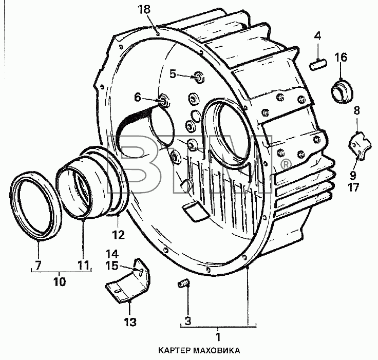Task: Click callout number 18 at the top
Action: click(x=144, y=10)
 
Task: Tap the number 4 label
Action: click(x=318, y=36)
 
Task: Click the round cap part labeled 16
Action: click(x=342, y=91)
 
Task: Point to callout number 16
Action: click(x=341, y=58)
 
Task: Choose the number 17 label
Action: click(x=353, y=187)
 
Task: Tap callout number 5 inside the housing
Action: click(x=173, y=74)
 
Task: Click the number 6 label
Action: click(x=138, y=98)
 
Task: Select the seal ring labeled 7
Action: click(x=35, y=206)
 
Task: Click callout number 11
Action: click(x=83, y=265)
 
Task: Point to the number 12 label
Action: click(x=119, y=235)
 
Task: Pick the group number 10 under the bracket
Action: click(x=60, y=281)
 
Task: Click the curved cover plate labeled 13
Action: click(x=128, y=280)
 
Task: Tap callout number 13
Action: click(x=130, y=322)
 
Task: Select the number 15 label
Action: click(x=112, y=266)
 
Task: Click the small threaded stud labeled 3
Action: click(x=184, y=283)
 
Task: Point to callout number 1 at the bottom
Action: click(x=218, y=337)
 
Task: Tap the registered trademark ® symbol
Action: click(x=286, y=164)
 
